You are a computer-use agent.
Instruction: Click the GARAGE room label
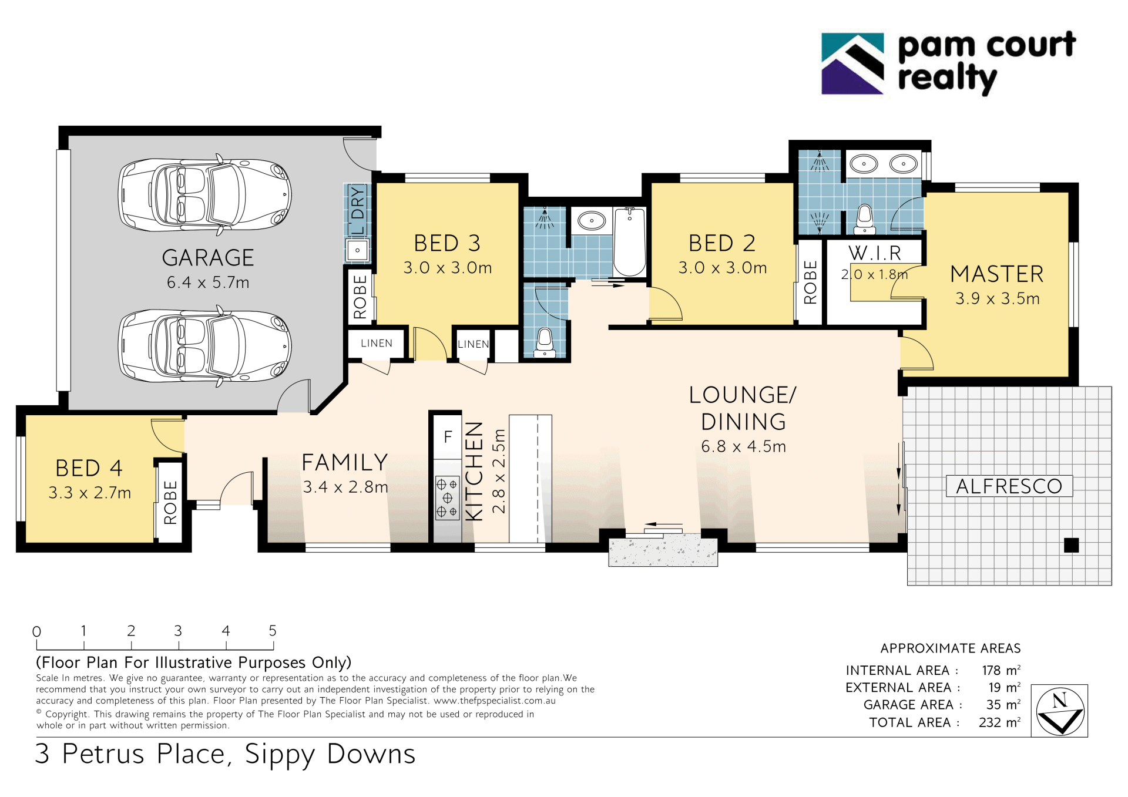click(x=208, y=258)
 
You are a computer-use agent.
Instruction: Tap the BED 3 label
click(x=447, y=243)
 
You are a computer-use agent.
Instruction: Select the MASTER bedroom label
click(x=997, y=274)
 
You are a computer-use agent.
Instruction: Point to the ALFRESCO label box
click(x=1009, y=486)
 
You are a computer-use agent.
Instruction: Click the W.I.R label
click(x=875, y=253)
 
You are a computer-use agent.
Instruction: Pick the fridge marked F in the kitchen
click(x=448, y=437)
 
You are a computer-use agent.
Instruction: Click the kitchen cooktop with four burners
click(x=447, y=498)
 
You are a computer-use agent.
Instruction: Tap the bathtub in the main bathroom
click(x=629, y=241)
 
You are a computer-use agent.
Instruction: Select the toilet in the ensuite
click(x=864, y=219)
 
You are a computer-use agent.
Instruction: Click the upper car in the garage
click(x=204, y=194)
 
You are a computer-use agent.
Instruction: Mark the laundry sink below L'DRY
click(x=357, y=251)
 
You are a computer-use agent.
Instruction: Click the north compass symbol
click(x=1060, y=711)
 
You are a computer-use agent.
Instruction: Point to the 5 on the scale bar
click(x=273, y=631)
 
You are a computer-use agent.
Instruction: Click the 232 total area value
click(x=990, y=722)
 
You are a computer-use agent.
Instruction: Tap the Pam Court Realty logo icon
click(x=852, y=64)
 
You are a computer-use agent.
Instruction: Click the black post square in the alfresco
click(x=1071, y=545)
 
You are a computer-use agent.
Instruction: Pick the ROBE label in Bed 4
click(x=170, y=502)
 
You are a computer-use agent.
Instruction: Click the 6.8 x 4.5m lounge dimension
click(x=743, y=446)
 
